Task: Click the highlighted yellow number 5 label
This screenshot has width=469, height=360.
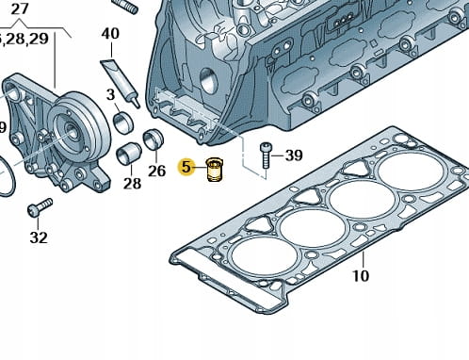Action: pos(186,167)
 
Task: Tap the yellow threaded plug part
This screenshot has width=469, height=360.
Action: pos(215,171)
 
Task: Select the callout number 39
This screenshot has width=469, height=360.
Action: pos(294,155)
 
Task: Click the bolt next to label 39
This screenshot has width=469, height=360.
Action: pos(265,155)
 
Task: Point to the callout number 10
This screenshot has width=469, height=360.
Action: pos(361,276)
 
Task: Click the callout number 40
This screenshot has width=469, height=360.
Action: pos(110,34)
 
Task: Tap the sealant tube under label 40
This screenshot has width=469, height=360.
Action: pos(121,83)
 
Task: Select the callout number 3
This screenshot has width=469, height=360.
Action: pos(110,94)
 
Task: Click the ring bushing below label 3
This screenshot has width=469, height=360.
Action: pos(123,123)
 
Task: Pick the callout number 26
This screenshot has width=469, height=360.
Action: pos(156,171)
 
